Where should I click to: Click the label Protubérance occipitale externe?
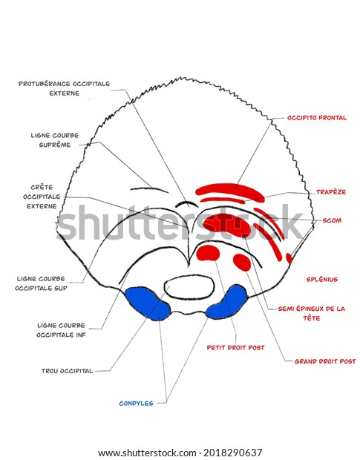pyautogui.click(x=65, y=88)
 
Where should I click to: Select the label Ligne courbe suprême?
pyautogui.click(x=55, y=140)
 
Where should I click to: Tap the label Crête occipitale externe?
pyautogui.click(x=42, y=197)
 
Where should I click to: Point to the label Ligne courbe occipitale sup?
pyautogui.click(x=41, y=283)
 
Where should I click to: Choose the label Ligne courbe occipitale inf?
pyautogui.click(x=62, y=330)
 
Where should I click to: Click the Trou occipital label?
pyautogui.click(x=67, y=371)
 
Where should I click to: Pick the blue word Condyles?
pyautogui.click(x=136, y=404)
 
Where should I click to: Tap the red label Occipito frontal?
pyautogui.click(x=317, y=118)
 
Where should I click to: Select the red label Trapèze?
pyautogui.click(x=331, y=192)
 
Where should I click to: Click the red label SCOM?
pyautogui.click(x=332, y=220)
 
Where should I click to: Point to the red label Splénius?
pyautogui.click(x=322, y=279)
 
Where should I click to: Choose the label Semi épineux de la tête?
pyautogui.click(x=312, y=313)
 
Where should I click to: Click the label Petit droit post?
pyautogui.click(x=235, y=348)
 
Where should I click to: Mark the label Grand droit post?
pyautogui.click(x=325, y=361)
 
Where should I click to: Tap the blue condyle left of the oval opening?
pyautogui.click(x=148, y=303)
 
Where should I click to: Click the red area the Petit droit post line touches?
pyautogui.click(x=208, y=253)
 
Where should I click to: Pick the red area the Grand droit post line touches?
pyautogui.click(x=242, y=262)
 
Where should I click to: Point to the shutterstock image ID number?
pyautogui.click(x=233, y=452)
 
